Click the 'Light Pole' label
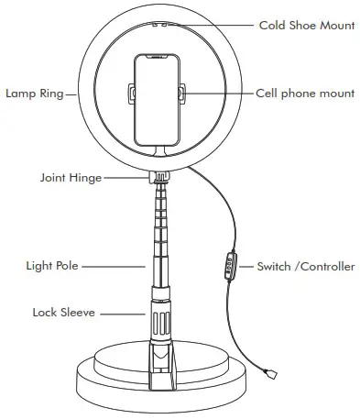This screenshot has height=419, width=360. coord(52,266)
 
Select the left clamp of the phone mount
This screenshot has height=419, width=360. coord(132,93)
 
